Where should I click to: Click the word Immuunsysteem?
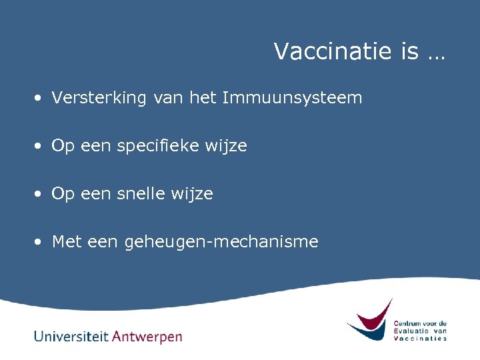292,99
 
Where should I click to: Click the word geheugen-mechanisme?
221,242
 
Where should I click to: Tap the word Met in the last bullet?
66,241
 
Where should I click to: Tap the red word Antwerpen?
147,337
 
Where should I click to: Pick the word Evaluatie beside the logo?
411,331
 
